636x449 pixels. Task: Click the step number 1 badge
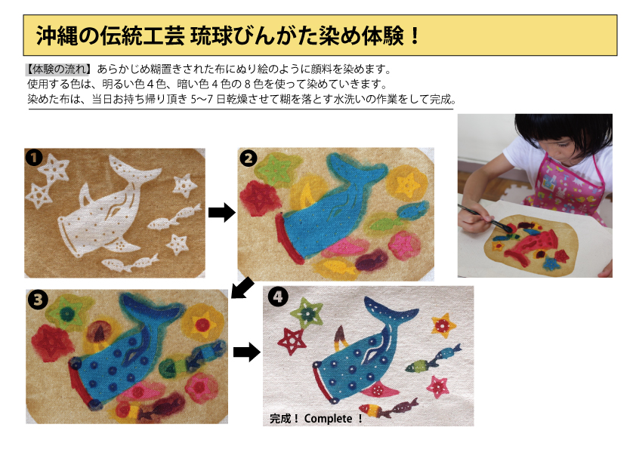(x=34, y=158)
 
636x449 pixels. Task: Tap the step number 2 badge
(x=249, y=158)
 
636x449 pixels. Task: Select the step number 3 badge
(x=38, y=300)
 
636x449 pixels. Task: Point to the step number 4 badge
(x=278, y=297)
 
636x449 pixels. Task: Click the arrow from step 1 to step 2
(x=221, y=212)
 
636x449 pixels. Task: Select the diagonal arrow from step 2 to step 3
(x=242, y=288)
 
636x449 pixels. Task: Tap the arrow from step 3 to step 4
(x=246, y=352)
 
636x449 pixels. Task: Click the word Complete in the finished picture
(x=328, y=419)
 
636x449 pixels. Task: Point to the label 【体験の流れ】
(x=57, y=69)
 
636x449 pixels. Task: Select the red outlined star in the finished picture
(x=292, y=341)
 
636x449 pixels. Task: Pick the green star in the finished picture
(x=307, y=313)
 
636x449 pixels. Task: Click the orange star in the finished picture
(x=443, y=325)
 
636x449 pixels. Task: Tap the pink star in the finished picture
(x=437, y=386)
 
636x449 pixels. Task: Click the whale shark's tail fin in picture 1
(x=133, y=170)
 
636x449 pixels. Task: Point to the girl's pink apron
(x=567, y=186)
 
